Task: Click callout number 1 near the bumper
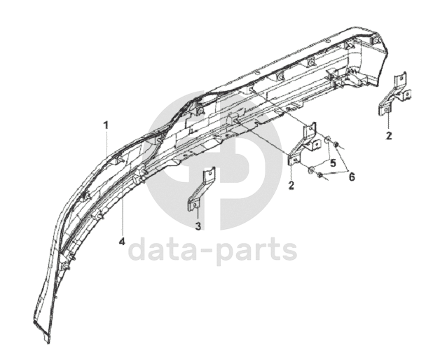coord(106,125)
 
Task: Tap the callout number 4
coord(121,242)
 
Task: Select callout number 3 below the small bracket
coord(198,226)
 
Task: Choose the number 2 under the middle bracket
coord(291,186)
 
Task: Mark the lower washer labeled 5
coord(311,170)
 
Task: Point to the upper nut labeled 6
coord(336,146)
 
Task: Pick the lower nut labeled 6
coord(320,176)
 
